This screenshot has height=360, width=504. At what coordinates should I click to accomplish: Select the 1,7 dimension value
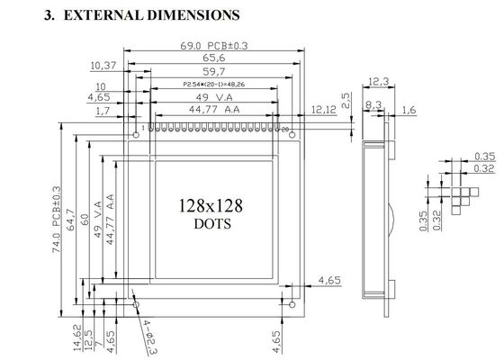(x=103, y=111)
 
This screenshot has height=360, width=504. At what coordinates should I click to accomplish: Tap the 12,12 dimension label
(x=324, y=109)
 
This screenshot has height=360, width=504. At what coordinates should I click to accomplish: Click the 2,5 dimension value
(x=346, y=96)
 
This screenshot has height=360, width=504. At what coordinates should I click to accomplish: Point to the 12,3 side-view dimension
(x=379, y=83)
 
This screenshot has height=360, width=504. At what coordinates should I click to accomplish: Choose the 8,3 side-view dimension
(x=371, y=105)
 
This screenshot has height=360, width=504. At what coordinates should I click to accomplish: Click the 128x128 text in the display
(x=211, y=205)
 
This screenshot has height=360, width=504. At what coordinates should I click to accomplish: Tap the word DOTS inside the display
(x=211, y=223)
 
